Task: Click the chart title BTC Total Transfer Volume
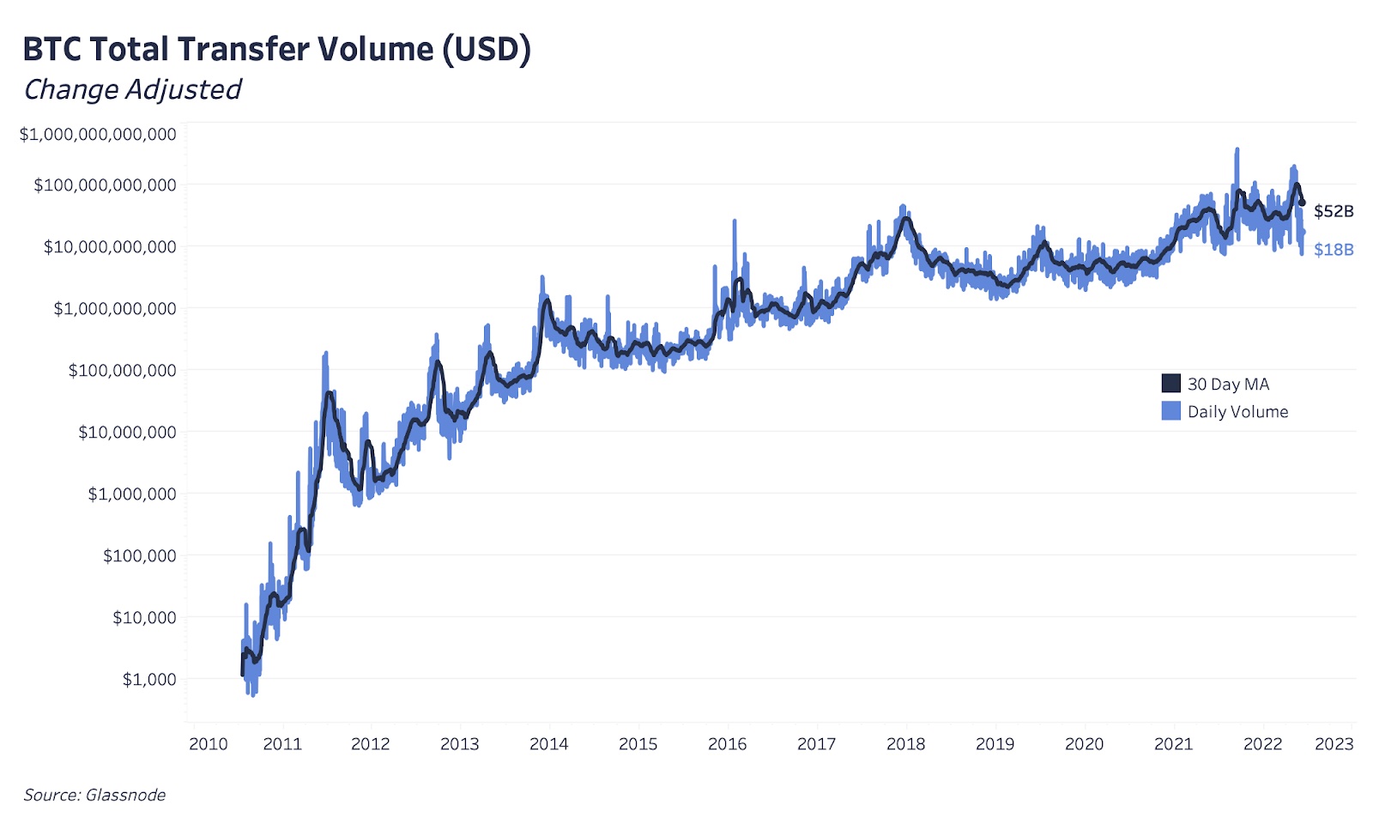tap(276, 50)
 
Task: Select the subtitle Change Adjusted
tap(132, 89)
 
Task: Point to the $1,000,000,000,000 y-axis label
tap(98, 134)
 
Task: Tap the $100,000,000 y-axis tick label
tap(122, 370)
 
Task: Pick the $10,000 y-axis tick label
tap(144, 617)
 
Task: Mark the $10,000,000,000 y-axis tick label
tap(110, 247)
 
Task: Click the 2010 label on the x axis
tap(209, 744)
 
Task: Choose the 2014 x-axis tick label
tap(548, 744)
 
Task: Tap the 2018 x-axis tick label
tap(905, 744)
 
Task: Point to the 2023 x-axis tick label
tap(1334, 744)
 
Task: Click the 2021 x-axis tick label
tap(1173, 744)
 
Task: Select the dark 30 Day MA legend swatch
tap(1170, 384)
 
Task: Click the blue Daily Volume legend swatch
tap(1170, 411)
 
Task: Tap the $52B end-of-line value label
tap(1334, 211)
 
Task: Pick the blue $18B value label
tap(1334, 250)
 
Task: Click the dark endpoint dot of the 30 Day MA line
tap(1302, 203)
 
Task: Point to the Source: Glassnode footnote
tap(94, 795)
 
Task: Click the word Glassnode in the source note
tap(125, 795)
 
